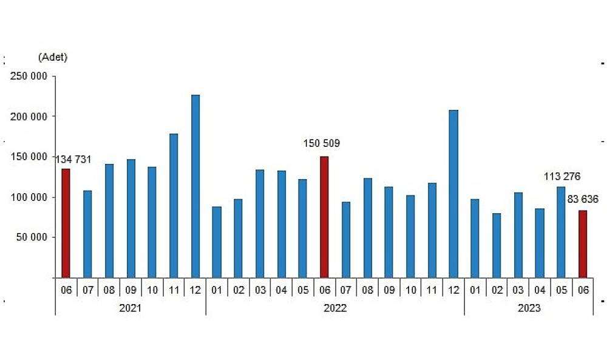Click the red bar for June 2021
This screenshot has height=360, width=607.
(x=66, y=223)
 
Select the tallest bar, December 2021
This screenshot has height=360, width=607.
(x=195, y=186)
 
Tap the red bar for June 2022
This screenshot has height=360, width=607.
(x=324, y=217)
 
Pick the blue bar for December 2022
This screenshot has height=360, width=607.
(x=453, y=194)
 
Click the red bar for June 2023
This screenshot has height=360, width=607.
(x=583, y=244)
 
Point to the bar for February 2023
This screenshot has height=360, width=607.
(x=497, y=245)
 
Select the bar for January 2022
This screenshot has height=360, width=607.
(x=217, y=242)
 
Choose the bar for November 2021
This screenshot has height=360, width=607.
(x=174, y=206)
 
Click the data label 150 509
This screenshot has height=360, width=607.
(x=322, y=144)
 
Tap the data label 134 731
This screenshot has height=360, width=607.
(x=73, y=160)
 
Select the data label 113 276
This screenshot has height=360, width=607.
(x=562, y=177)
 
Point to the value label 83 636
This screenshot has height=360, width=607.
(x=583, y=199)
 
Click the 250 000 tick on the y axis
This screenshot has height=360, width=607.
(x=29, y=76)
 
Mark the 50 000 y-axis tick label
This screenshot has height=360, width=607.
(x=32, y=237)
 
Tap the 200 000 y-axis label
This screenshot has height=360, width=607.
(x=29, y=117)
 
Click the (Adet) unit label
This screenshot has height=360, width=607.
(x=53, y=57)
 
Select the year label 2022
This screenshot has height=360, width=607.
(x=335, y=308)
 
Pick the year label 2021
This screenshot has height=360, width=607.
(x=130, y=308)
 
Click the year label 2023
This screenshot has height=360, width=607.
(x=529, y=308)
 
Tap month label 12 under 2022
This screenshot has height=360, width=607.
(x=453, y=290)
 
